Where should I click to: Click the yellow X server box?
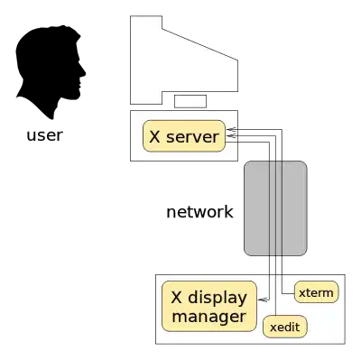click(x=184, y=136)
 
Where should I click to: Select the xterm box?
click(x=317, y=292)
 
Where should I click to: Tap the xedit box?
click(x=285, y=327)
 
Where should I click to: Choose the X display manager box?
click(x=209, y=307)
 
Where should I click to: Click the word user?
click(x=45, y=135)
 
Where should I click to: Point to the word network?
click(x=199, y=212)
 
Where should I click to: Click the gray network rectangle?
click(x=275, y=208)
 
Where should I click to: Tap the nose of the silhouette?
click(x=84, y=72)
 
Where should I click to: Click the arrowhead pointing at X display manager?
click(x=263, y=300)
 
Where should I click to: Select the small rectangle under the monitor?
click(x=190, y=101)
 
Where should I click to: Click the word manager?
click(x=209, y=317)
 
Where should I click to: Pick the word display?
click(x=218, y=299)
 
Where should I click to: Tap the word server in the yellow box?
click(x=192, y=137)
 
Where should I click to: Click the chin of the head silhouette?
click(x=78, y=96)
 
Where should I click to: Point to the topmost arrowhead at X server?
click(x=232, y=130)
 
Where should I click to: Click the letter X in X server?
click(x=154, y=137)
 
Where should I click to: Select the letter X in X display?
click(x=176, y=298)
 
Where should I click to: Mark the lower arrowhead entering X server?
click(x=232, y=136)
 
